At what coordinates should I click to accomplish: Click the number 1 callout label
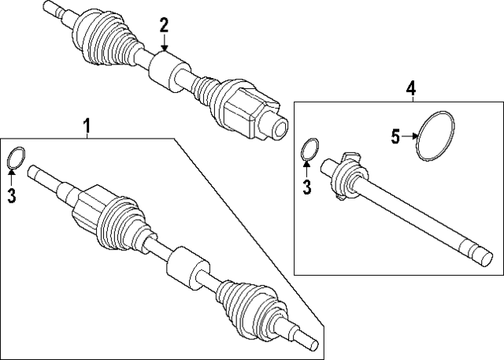pyautogui.click(x=87, y=124)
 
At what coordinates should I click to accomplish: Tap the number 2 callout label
pyautogui.click(x=164, y=25)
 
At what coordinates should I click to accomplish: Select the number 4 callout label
pyautogui.click(x=410, y=88)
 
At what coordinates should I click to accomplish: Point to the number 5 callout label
pyautogui.click(x=396, y=136)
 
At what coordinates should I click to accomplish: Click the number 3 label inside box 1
pyautogui.click(x=12, y=196)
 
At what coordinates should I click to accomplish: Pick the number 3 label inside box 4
pyautogui.click(x=308, y=187)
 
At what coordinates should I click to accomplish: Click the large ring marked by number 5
pyautogui.click(x=436, y=138)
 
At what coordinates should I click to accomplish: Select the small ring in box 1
pyautogui.click(x=16, y=159)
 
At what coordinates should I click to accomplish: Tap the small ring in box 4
pyautogui.click(x=311, y=149)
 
